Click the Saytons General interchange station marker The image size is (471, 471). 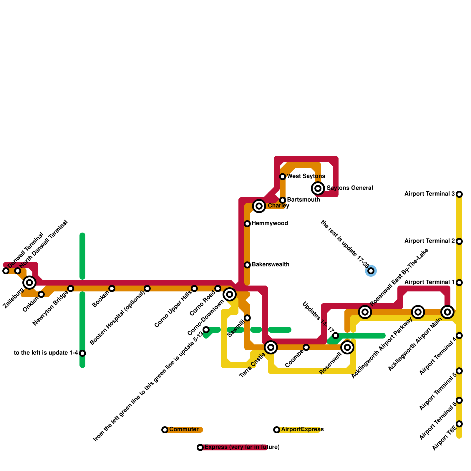coord(318,188)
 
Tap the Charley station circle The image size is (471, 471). coord(259,206)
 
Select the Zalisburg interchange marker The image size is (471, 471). coord(29,283)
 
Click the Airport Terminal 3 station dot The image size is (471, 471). coord(459,194)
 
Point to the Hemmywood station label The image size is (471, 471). coord(270,223)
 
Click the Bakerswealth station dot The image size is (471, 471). coord(247,265)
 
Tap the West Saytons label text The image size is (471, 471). coord(306,176)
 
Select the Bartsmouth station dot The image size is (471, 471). coord(283,200)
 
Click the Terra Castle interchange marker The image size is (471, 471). coord(271,347)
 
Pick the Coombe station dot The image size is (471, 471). coord(306,347)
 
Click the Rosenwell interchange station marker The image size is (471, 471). coord(347,347)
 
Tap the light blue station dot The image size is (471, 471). coord(371,271)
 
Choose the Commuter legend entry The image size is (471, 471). coord(184,429)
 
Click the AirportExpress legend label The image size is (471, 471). coord(302,429)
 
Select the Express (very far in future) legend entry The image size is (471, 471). coord(242,447)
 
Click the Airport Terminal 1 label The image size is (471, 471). coord(429,282)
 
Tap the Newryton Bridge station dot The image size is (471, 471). coord(71,288)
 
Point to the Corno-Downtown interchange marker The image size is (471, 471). coord(230,294)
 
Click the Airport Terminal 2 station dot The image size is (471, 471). coord(459,241)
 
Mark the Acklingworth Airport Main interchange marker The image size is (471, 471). coord(447,312)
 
